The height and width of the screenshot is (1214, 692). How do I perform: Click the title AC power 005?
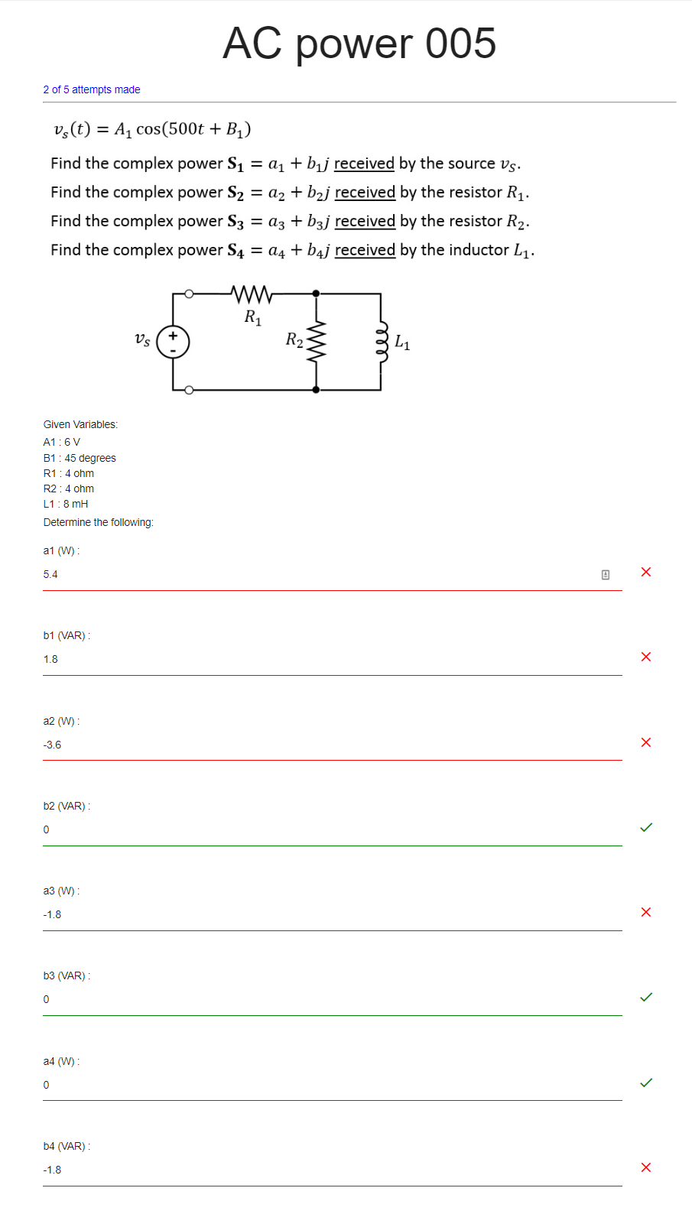click(x=359, y=44)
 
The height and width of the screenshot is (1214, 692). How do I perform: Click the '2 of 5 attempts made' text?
click(x=92, y=89)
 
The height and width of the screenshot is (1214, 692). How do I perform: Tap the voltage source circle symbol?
click(x=173, y=342)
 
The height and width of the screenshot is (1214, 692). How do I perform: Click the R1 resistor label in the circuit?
click(x=253, y=317)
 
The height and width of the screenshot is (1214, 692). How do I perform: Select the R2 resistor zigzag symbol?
click(x=317, y=341)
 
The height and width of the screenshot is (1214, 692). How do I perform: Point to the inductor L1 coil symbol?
click(x=382, y=341)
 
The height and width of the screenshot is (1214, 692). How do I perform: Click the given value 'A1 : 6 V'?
click(x=62, y=442)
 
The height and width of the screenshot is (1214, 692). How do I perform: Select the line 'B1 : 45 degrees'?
click(x=80, y=458)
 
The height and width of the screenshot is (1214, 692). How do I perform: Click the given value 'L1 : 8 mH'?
click(x=66, y=504)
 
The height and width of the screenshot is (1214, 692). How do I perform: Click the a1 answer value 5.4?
click(x=50, y=574)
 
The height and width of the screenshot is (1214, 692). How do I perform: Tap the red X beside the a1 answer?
click(x=646, y=572)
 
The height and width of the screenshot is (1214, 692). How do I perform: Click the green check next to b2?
click(x=646, y=827)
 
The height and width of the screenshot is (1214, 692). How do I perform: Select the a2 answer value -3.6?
click(x=52, y=745)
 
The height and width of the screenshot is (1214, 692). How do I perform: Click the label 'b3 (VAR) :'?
click(x=67, y=975)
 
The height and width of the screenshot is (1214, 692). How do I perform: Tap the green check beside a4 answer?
click(x=646, y=1083)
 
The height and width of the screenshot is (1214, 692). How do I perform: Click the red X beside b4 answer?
click(x=646, y=1167)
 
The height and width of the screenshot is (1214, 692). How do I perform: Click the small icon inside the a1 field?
click(x=606, y=574)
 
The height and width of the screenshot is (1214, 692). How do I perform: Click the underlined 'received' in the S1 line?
click(x=364, y=164)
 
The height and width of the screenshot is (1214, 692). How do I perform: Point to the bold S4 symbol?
click(x=236, y=251)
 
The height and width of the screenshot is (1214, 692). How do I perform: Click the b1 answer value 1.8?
click(x=50, y=659)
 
